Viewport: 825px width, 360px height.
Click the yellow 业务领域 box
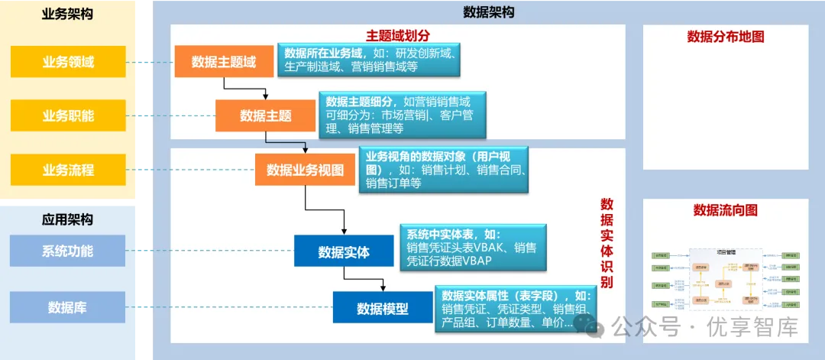tap(68, 62)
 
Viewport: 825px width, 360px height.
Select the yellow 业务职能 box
tap(68, 115)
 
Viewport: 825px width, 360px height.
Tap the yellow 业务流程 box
tap(68, 170)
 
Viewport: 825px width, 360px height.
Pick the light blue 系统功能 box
tap(68, 251)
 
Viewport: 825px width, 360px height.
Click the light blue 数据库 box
tap(68, 307)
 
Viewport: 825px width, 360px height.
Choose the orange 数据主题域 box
tap(224, 62)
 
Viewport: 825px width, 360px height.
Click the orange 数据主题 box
tap(265, 115)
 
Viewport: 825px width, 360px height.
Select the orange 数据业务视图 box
tap(305, 170)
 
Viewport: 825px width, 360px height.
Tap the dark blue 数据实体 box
tap(344, 251)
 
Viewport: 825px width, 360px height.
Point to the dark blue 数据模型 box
tap(382, 308)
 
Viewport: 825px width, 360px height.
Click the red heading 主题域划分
tap(398, 36)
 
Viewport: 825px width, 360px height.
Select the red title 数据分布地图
tap(726, 37)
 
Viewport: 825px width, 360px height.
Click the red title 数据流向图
tap(726, 210)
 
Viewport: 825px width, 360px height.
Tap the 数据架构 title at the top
tap(489, 12)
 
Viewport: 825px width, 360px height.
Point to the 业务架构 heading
tap(67, 14)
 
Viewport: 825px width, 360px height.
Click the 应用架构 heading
tap(67, 220)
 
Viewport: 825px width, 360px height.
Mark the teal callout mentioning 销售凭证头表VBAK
tap(473, 248)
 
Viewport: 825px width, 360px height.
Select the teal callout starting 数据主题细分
tap(404, 115)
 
